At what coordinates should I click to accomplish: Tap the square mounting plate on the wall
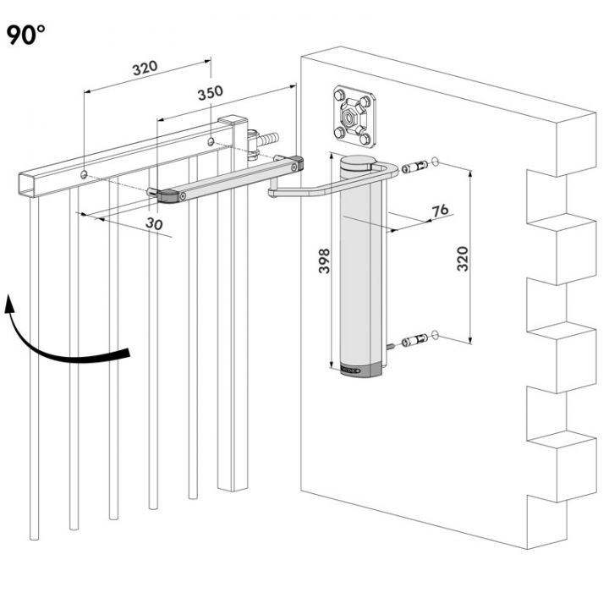point(354,113)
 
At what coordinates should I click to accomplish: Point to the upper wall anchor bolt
point(414,167)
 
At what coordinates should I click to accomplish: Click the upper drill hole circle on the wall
point(435,162)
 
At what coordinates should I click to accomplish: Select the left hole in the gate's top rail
point(85,173)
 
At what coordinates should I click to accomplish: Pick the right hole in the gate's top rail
point(211,139)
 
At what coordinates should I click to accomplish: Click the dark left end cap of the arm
point(166,196)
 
